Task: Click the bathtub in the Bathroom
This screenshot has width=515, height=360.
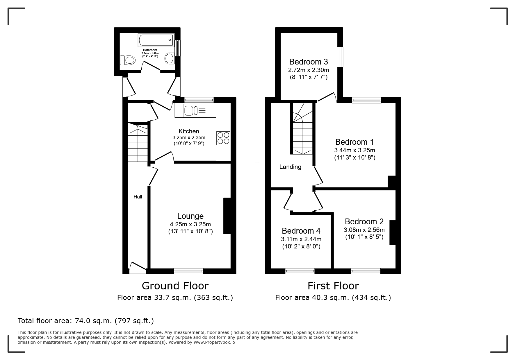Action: (x=156, y=40)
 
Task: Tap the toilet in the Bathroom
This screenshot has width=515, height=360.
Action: (x=128, y=60)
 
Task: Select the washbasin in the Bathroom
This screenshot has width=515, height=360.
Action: (x=170, y=58)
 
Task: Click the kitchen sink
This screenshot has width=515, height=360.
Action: (x=195, y=111)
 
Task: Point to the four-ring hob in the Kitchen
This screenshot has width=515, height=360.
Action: (x=223, y=138)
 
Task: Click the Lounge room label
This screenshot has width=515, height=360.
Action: (x=190, y=216)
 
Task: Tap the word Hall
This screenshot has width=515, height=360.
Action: (x=138, y=197)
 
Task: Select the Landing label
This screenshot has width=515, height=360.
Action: (x=290, y=167)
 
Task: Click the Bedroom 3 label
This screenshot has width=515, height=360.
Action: (x=309, y=62)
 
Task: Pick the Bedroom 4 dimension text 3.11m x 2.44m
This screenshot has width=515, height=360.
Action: (x=301, y=239)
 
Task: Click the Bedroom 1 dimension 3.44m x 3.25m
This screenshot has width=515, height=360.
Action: (x=354, y=150)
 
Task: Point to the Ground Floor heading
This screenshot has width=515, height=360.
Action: (x=175, y=286)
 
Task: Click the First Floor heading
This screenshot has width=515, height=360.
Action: (x=333, y=286)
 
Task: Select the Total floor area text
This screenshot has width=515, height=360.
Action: (x=86, y=321)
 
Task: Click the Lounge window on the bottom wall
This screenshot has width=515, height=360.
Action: (x=188, y=271)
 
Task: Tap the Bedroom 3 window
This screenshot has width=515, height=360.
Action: (x=340, y=57)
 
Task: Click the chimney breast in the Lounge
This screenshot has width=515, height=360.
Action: (x=227, y=216)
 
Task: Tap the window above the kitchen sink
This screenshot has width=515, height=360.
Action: (x=199, y=100)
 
